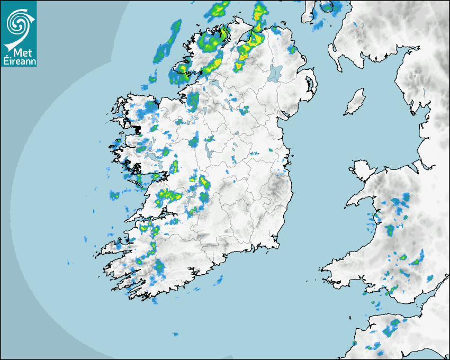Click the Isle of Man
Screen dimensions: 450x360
pyautogui.click(x=355, y=102)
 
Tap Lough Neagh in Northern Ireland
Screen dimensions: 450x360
pyautogui.click(x=275, y=73)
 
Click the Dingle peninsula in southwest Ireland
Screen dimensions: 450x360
pyautogui.click(x=114, y=247)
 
